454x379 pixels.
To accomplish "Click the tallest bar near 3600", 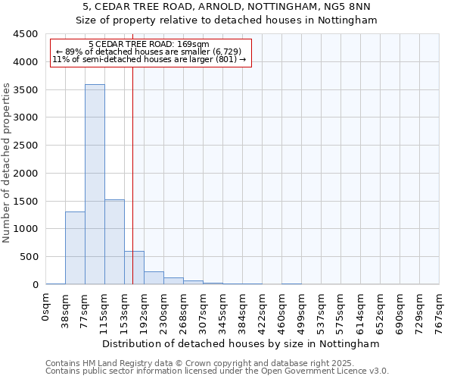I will coord(95,184).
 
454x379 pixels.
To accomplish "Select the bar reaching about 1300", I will coord(75,248).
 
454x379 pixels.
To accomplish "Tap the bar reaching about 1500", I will coord(114,242).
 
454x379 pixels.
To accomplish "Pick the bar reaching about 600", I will coord(134,268).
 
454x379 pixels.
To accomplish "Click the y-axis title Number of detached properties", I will coord(8,163).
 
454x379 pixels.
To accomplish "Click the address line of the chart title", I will coord(227,7).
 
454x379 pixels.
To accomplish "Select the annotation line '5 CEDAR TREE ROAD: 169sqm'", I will coord(149,45).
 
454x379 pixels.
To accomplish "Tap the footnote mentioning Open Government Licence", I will coord(217,371).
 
